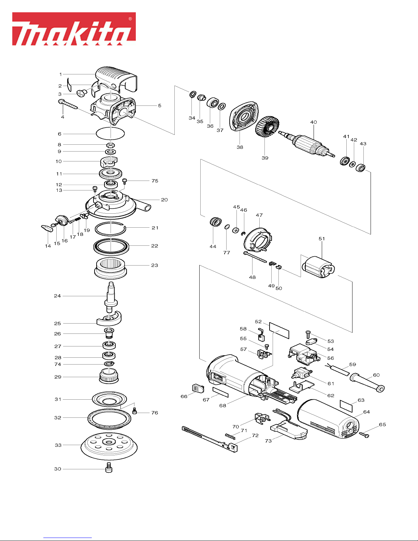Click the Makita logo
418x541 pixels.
coord(74,29)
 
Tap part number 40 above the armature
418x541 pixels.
coord(314,122)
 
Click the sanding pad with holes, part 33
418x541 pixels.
coord(109,446)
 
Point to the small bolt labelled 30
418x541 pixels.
coord(109,467)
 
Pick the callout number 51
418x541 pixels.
coord(322,239)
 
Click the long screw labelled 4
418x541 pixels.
coord(68,104)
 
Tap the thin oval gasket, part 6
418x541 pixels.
coord(110,134)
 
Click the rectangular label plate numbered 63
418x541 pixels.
coord(346,406)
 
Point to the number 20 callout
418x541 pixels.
coord(164,200)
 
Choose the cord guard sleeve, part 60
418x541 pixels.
coord(367,382)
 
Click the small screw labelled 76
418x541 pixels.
coord(134,411)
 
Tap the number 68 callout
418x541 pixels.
coord(223,405)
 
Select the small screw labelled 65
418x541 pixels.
coord(364,435)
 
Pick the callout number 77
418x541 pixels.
coord(227,253)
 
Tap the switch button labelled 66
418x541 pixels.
coord(198,388)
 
